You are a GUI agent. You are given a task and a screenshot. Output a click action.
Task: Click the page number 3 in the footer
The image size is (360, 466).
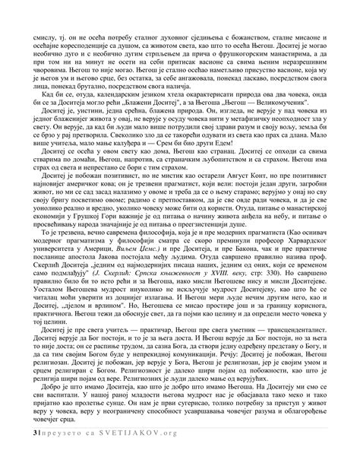[x=26, y=454]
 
